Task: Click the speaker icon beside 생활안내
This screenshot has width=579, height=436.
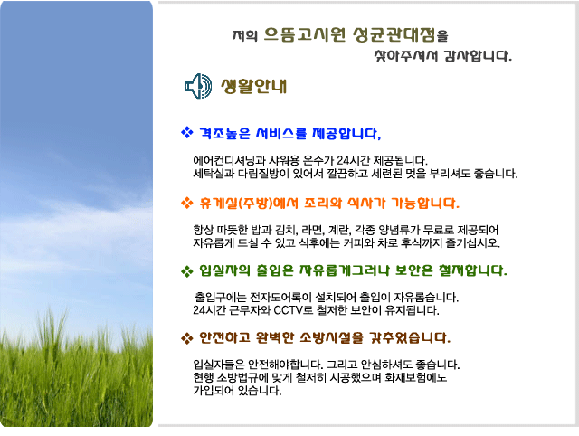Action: (x=198, y=86)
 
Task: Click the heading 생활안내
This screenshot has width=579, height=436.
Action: (x=253, y=86)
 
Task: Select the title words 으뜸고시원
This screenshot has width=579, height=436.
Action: (x=305, y=34)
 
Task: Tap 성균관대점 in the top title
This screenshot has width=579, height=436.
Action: (x=394, y=34)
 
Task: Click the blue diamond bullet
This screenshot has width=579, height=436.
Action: (x=187, y=132)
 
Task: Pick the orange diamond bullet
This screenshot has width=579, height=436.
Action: (x=187, y=203)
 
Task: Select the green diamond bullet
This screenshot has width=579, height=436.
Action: (x=187, y=271)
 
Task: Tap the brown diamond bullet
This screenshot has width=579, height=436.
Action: (x=187, y=337)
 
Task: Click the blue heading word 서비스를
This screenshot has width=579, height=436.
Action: (x=281, y=133)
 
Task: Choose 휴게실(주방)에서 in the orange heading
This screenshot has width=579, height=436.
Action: (x=249, y=203)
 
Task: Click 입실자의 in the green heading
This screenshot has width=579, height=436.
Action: (x=224, y=270)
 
